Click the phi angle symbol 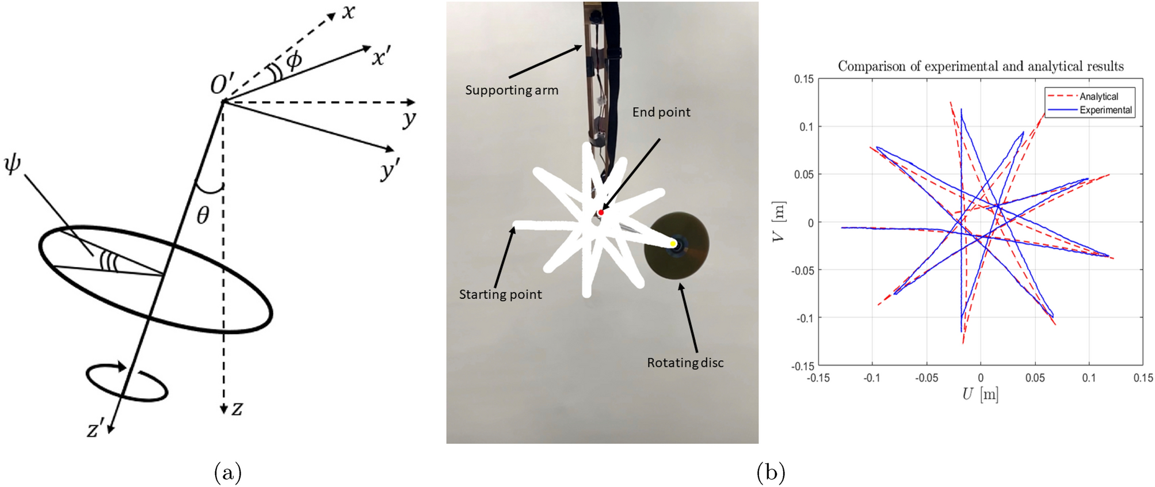[293, 60]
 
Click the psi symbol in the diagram [13, 164]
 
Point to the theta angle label [203, 216]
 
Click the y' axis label [389, 170]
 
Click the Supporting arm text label [511, 90]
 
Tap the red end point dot [601, 213]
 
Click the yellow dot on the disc [673, 244]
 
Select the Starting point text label [500, 295]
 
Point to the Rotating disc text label [685, 363]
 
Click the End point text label [661, 112]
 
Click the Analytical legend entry [1098, 97]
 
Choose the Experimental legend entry [1105, 110]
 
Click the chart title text [980, 66]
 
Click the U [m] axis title [979, 394]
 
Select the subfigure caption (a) [228, 473]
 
